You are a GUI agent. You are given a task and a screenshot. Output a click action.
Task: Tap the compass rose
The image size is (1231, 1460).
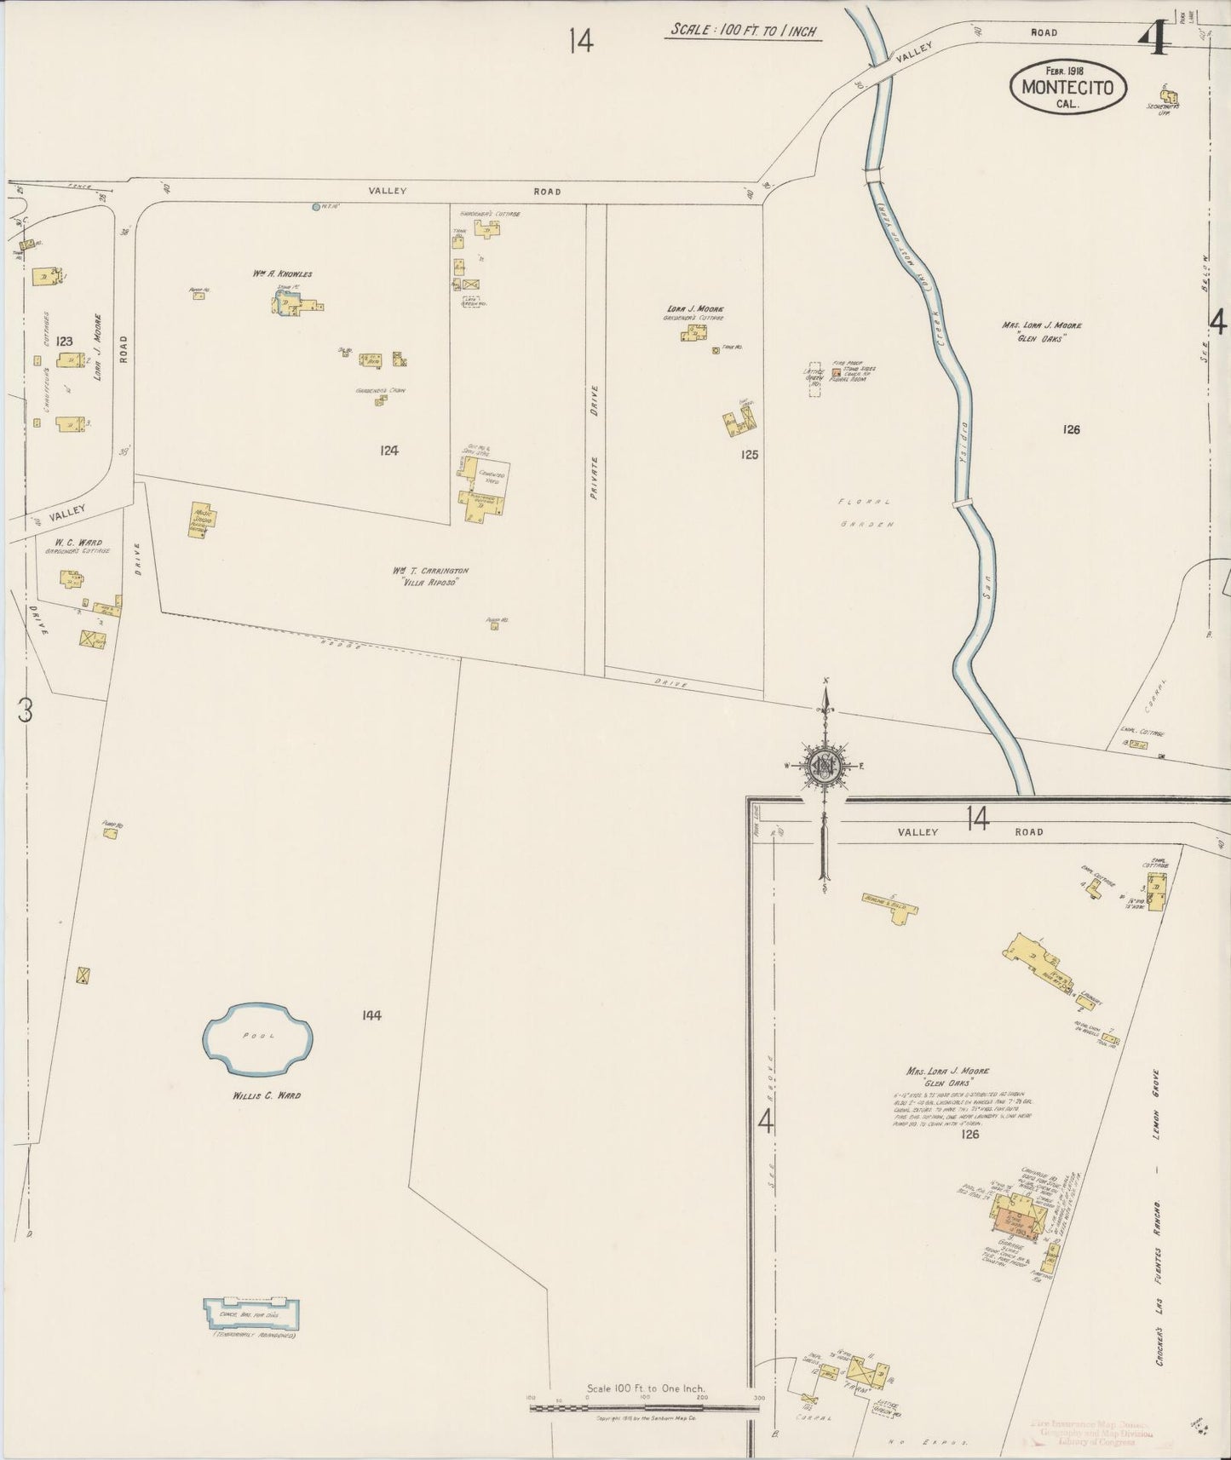(824, 764)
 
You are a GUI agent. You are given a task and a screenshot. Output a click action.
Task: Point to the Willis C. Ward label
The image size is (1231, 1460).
(267, 1095)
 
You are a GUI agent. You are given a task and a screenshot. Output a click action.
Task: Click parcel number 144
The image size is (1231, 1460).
(371, 1015)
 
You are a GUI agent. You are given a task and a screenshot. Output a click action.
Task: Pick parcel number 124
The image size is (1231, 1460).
(389, 451)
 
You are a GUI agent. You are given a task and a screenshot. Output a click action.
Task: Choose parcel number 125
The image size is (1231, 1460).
(749, 455)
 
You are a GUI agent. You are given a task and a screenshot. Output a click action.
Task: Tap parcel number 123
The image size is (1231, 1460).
(64, 341)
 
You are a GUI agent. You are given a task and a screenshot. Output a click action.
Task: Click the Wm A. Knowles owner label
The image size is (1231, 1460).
(282, 274)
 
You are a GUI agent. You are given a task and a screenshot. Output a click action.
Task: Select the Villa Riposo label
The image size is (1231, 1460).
(430, 583)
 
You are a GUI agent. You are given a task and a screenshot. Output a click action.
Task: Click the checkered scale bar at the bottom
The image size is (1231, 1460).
(644, 1408)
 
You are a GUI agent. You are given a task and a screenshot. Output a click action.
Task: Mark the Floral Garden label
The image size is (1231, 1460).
(865, 513)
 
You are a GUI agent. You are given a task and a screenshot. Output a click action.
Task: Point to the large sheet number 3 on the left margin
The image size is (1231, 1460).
(26, 710)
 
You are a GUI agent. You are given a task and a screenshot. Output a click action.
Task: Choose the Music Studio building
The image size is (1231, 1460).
(203, 519)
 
